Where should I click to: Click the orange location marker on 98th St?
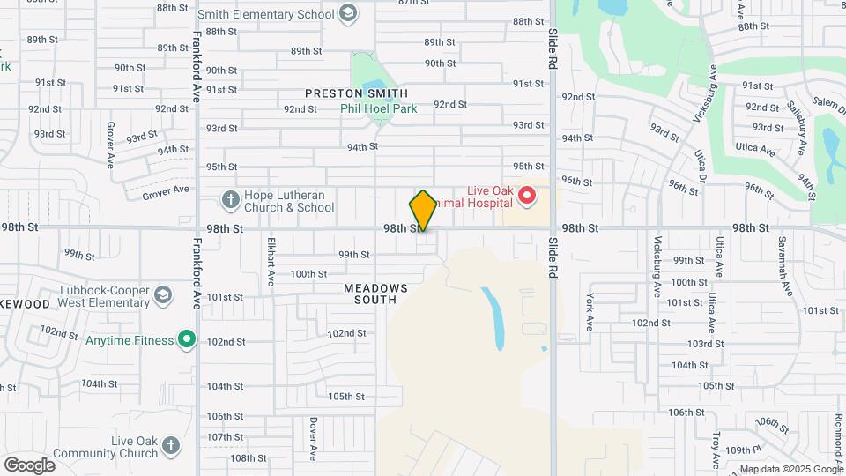423,211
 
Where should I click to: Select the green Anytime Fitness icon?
186,339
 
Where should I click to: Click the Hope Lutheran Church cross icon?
230,200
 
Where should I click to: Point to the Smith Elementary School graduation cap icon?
348,12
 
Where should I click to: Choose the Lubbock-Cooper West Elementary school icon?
162,294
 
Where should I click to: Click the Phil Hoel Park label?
379,108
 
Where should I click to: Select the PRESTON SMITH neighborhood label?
357,93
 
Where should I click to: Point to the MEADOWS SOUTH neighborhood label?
375,294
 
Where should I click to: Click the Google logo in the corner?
29,465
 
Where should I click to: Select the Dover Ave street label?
313,439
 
